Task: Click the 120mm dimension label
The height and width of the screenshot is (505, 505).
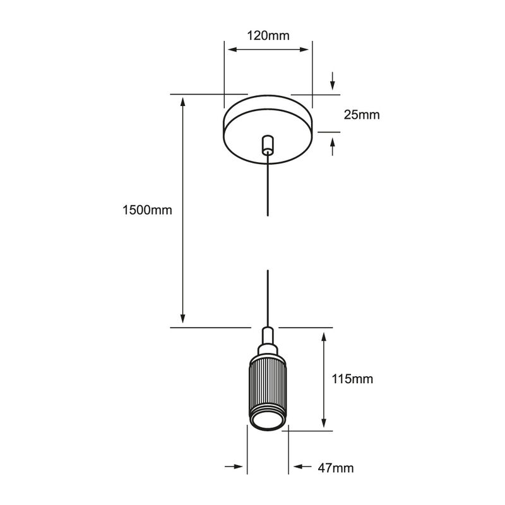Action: coord(268,35)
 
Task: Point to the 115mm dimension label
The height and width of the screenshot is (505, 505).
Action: coord(352,379)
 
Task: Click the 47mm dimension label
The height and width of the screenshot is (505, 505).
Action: coord(335,468)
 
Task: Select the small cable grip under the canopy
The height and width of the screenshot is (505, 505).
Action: coord(268,144)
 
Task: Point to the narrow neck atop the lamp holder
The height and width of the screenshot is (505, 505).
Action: coord(268,338)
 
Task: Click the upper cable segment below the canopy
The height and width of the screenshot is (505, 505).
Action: coord(268,186)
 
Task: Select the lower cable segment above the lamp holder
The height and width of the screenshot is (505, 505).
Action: coord(268,297)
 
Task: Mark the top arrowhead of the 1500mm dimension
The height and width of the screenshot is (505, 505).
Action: coord(183,100)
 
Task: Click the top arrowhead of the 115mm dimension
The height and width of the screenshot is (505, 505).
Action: coord(324,337)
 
